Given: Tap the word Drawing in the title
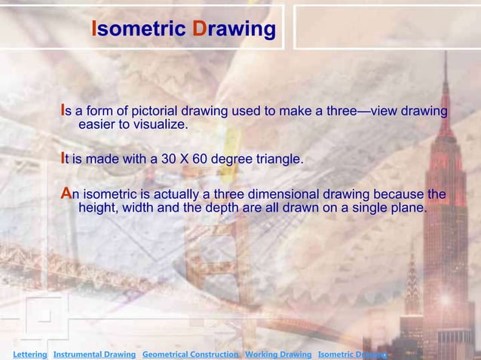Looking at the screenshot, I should (234, 29).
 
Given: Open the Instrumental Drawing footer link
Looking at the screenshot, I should (94, 354).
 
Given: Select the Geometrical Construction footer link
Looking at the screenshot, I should (190, 354).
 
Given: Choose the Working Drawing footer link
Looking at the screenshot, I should (278, 354).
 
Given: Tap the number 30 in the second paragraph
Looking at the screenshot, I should (166, 160).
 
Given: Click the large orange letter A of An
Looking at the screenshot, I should (66, 194).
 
